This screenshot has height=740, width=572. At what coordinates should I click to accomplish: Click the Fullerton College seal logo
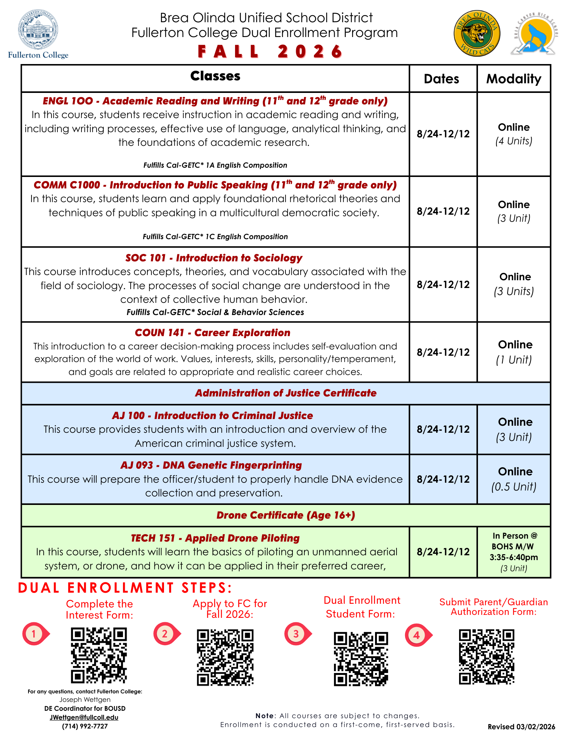pos(38,30)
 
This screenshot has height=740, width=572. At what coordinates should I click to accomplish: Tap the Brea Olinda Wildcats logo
pos(477,33)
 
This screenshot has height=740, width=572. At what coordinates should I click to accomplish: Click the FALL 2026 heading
pos(270,51)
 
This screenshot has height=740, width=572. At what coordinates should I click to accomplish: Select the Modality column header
pos(514,79)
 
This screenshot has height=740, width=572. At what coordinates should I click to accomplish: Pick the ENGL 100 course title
pos(215,101)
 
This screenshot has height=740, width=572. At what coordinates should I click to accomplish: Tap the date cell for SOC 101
pos(443,284)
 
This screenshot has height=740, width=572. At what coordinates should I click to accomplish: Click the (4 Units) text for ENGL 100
pos(514,141)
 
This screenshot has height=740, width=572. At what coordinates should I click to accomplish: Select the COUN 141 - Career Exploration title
pos(213,332)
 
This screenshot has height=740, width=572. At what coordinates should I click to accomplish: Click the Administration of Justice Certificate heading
pos(286,393)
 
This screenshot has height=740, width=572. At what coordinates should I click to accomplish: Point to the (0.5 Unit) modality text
pos(514,486)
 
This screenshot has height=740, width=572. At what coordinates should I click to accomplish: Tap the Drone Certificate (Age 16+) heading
pos(286,515)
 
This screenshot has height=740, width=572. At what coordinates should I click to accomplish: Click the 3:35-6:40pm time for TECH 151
pos(514,557)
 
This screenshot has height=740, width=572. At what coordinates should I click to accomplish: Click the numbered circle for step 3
pos(296,634)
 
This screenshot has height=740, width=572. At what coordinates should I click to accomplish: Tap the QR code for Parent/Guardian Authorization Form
pos(486,657)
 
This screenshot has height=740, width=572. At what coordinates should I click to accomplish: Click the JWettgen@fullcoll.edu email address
pos(84,717)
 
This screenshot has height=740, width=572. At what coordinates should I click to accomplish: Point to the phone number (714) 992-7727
pos(85,726)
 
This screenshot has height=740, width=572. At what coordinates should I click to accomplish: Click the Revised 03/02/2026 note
pos(521,727)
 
